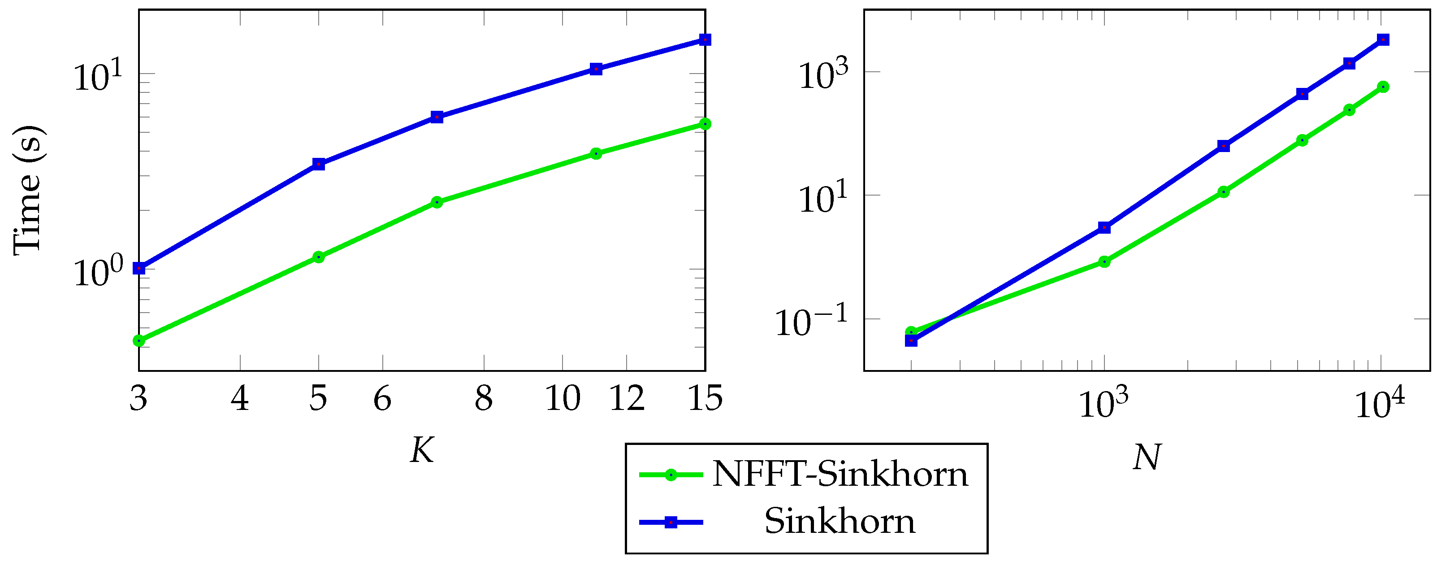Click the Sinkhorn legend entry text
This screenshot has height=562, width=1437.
pos(839,522)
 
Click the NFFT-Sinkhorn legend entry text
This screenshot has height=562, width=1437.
pos(840,475)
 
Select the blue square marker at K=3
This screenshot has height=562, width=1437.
pos(139,269)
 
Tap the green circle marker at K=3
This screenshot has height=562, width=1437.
pos(139,340)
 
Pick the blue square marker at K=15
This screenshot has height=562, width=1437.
pos(705,39)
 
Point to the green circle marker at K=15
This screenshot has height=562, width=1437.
pos(705,124)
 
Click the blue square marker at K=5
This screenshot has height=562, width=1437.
pos(319,164)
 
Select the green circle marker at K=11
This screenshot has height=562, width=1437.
pos(596,153)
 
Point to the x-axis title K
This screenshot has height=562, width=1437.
pos(422,450)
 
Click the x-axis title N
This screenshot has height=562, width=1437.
pos(1147,457)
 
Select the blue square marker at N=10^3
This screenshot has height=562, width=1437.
pos(1104,227)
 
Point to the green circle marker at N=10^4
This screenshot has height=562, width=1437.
pos(1382,87)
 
